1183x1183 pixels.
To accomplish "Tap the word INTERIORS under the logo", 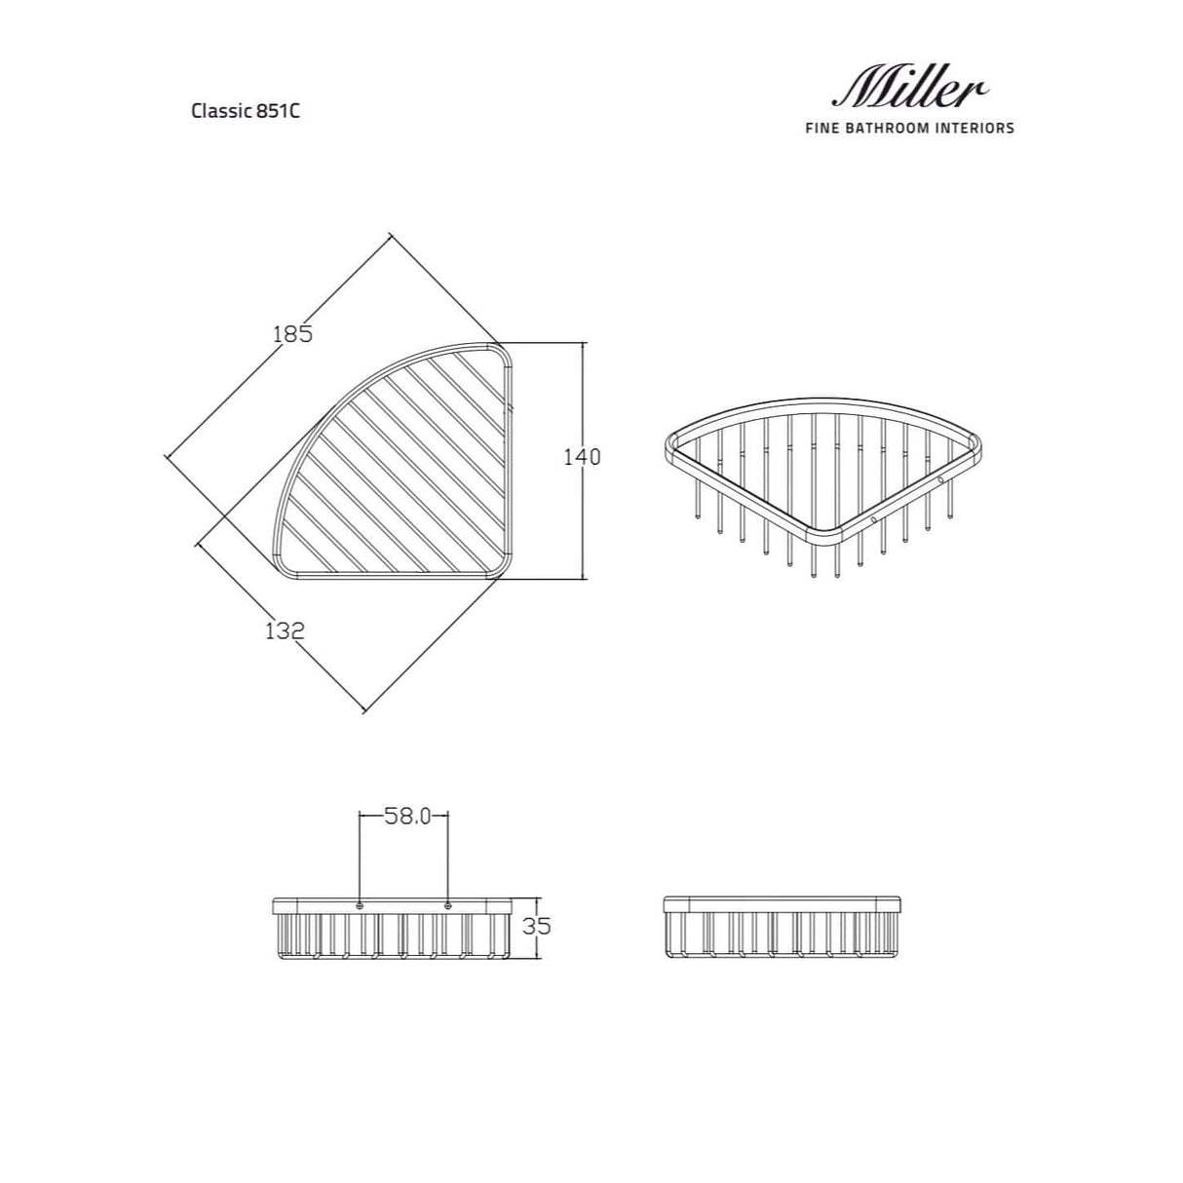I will (973, 128).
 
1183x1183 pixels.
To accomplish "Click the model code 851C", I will (277, 111).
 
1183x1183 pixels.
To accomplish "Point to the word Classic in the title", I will (221, 111).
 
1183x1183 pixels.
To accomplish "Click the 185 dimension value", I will (292, 334).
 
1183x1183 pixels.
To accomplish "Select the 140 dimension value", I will (583, 456).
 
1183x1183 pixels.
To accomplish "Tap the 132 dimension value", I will (285, 630).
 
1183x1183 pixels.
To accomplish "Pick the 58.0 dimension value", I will (405, 817).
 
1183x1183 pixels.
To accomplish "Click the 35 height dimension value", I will (536, 926).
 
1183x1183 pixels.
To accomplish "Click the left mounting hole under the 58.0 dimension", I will (360, 906).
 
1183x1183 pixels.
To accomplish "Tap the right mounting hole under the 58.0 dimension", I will (448, 906).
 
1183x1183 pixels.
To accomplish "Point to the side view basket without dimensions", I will (782, 927).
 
